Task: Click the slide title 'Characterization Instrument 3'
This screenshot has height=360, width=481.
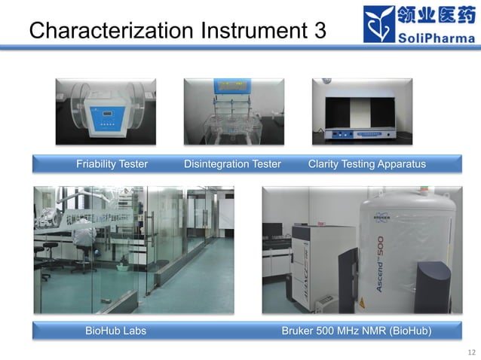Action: click(177, 30)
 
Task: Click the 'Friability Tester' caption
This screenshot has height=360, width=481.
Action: click(112, 164)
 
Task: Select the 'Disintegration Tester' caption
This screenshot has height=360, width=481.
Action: click(232, 164)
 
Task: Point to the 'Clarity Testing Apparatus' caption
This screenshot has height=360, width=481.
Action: click(367, 164)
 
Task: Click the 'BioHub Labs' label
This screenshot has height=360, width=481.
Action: click(115, 331)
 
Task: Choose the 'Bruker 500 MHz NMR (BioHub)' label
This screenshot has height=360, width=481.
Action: click(357, 331)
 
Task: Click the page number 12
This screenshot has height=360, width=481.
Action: click(473, 352)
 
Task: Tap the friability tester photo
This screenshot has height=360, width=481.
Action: click(106, 111)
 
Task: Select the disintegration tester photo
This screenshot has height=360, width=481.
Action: click(233, 111)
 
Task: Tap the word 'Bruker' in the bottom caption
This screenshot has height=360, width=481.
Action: click(298, 331)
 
